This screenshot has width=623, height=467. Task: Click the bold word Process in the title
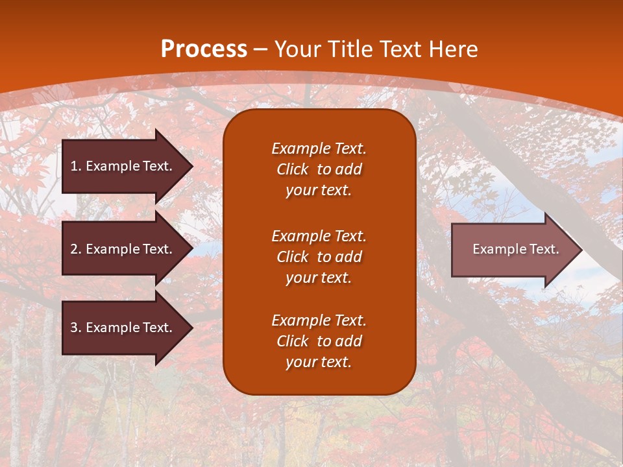pos(204,49)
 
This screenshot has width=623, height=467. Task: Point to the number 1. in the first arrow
pos(76,166)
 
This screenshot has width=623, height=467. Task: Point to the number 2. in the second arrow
pos(76,249)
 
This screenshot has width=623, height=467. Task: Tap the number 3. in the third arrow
pos(76,328)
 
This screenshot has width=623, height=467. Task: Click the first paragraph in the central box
pos(319,169)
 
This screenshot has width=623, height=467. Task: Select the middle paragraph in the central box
pos(319,257)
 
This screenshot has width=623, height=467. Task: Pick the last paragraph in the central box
pos(319,341)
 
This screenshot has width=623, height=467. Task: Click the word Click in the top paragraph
pos(293,169)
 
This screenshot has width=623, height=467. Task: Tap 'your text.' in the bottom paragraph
pos(319,362)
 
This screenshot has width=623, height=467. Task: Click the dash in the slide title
pos(260,49)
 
